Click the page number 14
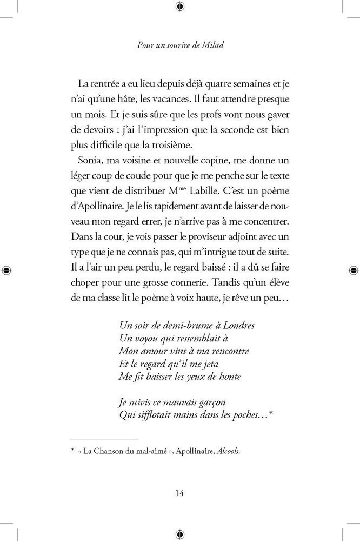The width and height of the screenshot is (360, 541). click(x=180, y=492)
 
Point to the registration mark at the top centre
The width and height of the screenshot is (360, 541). click(x=180, y=6)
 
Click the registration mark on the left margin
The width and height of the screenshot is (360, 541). click(x=6, y=269)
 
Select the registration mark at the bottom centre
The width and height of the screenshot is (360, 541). click(x=180, y=533)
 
